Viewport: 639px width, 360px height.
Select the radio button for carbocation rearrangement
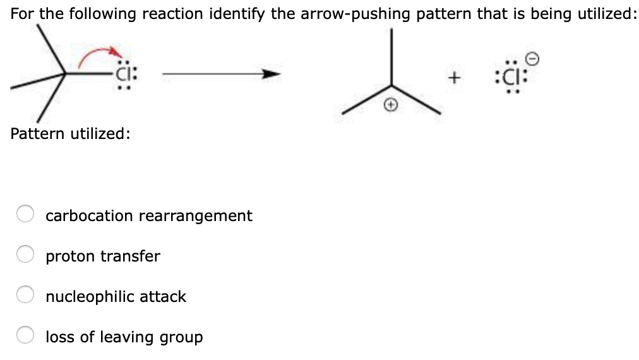[25, 215]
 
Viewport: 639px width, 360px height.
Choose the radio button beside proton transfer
[25, 255]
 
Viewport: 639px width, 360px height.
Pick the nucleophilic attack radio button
[25, 296]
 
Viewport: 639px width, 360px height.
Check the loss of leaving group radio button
[25, 336]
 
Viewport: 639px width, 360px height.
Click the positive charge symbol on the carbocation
[391, 107]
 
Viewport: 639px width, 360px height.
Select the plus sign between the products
[453, 78]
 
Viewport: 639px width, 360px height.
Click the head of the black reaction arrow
[272, 75]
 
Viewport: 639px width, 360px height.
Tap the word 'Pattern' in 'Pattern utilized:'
[35, 134]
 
